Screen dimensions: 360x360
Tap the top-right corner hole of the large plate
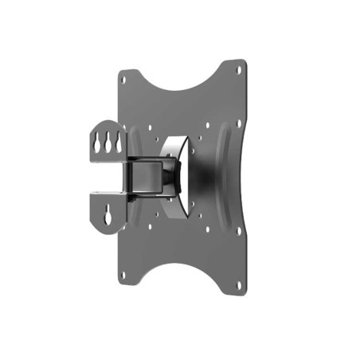click(238, 69)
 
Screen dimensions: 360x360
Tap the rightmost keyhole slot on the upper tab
click(117, 138)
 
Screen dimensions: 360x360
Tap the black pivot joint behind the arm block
click(171, 174)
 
